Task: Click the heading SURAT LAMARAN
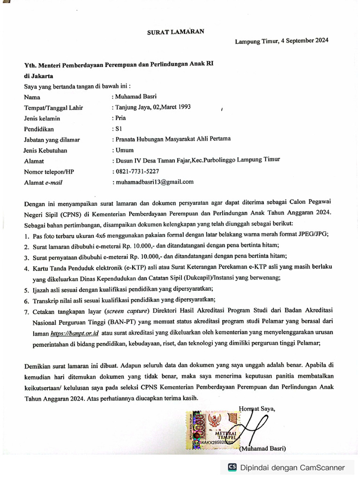(176, 32)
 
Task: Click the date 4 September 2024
(304, 40)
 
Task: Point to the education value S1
(117, 128)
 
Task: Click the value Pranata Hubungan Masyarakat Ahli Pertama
(172, 139)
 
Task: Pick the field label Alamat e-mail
(43, 183)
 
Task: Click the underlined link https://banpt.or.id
(74, 333)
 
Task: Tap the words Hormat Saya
(257, 408)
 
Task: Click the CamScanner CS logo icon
(232, 467)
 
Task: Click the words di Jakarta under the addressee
(38, 75)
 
